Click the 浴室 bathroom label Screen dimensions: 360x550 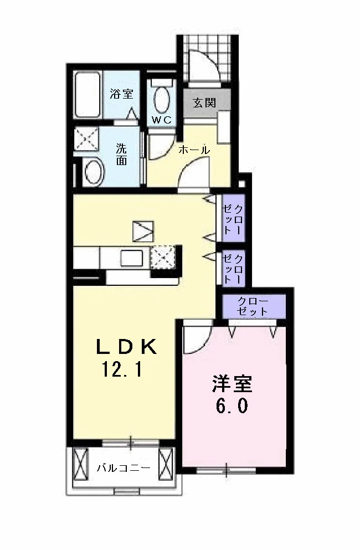click(x=121, y=94)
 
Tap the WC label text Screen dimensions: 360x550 click(x=162, y=120)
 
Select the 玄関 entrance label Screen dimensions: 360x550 click(x=204, y=103)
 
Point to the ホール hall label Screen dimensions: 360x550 click(x=194, y=150)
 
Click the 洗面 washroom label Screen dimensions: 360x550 click(x=121, y=155)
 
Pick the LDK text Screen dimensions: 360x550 click(x=126, y=347)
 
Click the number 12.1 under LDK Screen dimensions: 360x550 click(x=122, y=369)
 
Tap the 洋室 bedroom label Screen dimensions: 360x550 click(x=232, y=384)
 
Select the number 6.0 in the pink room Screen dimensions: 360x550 click(x=232, y=406)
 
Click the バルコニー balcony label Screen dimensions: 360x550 click(x=124, y=467)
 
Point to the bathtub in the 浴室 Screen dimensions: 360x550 click(x=88, y=95)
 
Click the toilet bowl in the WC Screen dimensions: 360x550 click(x=161, y=100)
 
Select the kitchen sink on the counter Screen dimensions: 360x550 click(x=132, y=259)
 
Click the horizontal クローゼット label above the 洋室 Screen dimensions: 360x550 click(x=253, y=306)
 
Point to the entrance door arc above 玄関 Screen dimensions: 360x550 click(x=207, y=65)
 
